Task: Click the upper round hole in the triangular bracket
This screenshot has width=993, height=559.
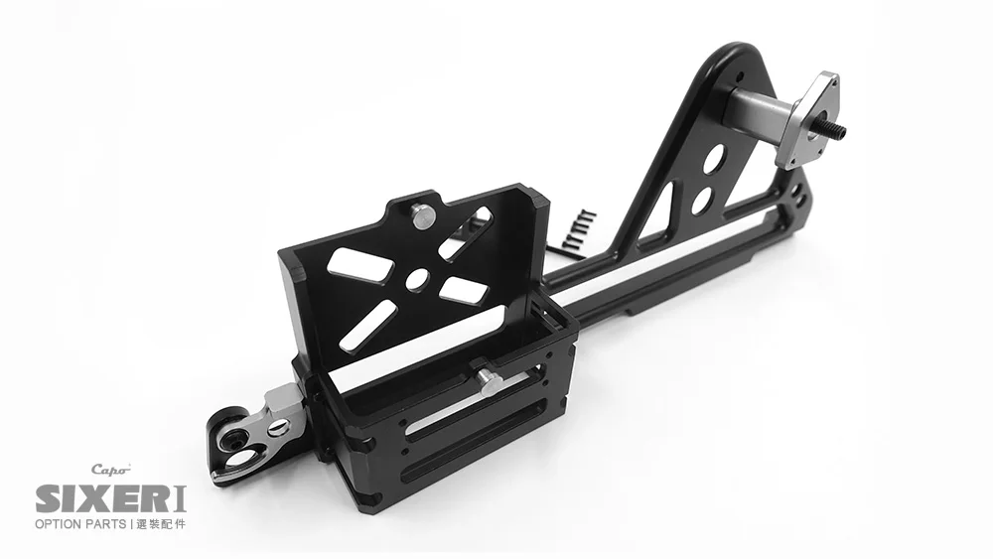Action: (712, 160)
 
